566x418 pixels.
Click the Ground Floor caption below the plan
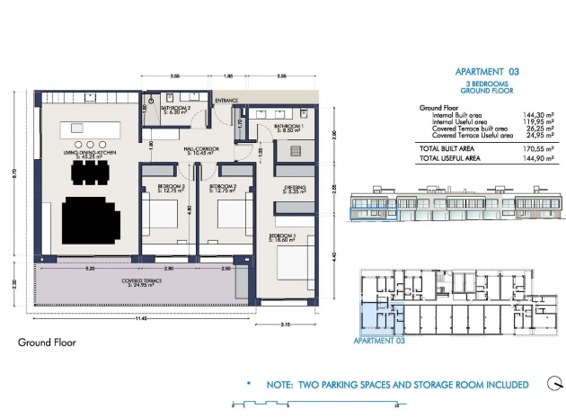47,342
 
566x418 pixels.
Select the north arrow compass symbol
549,383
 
